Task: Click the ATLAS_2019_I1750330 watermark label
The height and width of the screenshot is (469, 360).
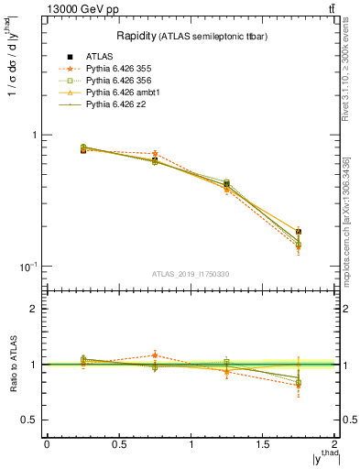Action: (190, 274)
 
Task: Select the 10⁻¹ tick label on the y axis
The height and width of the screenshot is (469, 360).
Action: (28, 267)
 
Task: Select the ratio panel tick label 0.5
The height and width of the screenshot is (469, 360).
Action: (30, 420)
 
